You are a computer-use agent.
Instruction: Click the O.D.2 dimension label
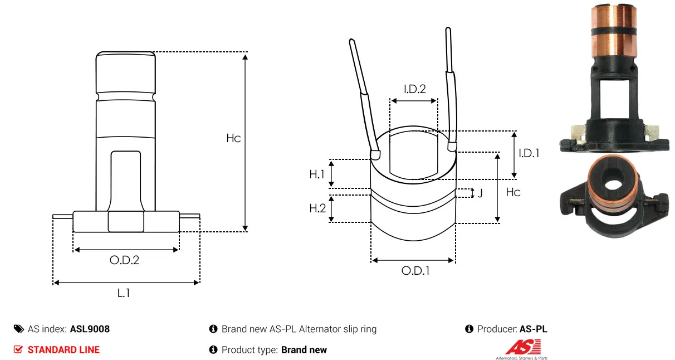[124, 260]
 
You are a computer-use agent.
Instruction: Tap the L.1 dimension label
[124, 293]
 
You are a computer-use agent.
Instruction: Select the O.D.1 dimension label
[415, 271]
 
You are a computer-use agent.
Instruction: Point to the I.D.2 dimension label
[415, 89]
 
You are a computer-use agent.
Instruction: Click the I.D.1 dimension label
[529, 153]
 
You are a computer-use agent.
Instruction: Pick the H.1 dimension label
[317, 174]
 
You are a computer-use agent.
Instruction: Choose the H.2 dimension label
[317, 208]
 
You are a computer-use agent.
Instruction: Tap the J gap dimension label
[480, 193]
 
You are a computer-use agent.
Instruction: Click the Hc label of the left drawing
[233, 138]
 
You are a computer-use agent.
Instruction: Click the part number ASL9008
[90, 329]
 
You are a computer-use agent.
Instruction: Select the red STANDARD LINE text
[63, 350]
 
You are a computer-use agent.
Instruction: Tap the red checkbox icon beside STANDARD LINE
[18, 349]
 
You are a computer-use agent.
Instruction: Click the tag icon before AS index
[19, 329]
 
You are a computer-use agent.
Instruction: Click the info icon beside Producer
[469, 329]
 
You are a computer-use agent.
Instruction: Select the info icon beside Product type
[213, 349]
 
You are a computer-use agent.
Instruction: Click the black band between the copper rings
[614, 32]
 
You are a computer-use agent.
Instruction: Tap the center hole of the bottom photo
[613, 184]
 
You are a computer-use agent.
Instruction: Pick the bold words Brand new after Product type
[304, 350]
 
